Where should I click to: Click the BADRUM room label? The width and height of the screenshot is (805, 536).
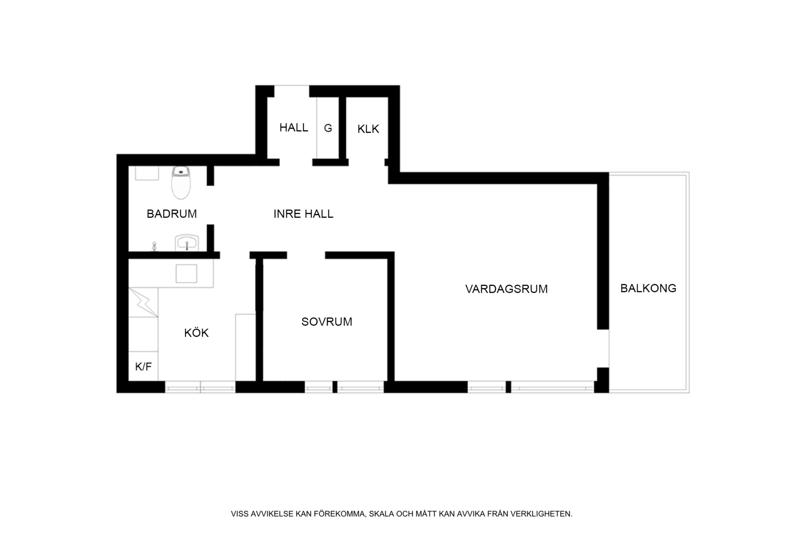coord(171,214)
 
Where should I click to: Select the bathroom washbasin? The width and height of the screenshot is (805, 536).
coord(187,243)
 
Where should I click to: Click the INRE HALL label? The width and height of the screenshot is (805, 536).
coord(303,214)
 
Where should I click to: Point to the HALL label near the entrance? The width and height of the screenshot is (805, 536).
coord(294,128)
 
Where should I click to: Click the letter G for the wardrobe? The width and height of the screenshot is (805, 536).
coord(328,128)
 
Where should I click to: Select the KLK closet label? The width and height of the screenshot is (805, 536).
coord(368,129)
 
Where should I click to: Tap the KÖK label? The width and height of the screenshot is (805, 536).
coord(196,333)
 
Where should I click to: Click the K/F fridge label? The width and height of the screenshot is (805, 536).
coord(143,367)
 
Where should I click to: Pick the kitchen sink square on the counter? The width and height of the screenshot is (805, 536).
coord(186,274)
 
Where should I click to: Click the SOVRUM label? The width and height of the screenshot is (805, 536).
coord(327,322)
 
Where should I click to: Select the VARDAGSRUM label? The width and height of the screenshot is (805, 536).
coord(506,289)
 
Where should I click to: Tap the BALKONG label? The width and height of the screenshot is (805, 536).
coord(648,289)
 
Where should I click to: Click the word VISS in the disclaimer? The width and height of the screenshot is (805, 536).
coord(239,514)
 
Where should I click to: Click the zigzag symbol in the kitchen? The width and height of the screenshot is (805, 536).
coord(143,302)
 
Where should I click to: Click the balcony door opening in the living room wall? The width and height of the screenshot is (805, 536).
coord(603,348)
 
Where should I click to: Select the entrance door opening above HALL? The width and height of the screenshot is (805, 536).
coord(292,86)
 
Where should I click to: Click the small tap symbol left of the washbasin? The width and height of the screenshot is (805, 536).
coord(154,246)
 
